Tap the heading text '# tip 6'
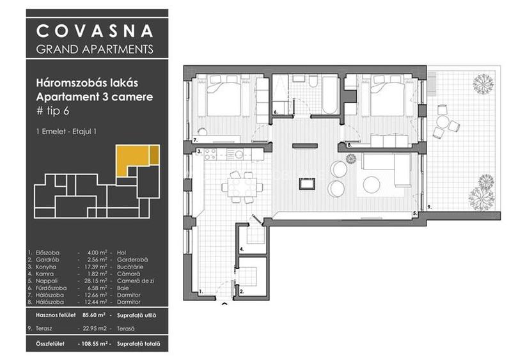[x=53, y=111]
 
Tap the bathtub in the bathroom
[x=329, y=97]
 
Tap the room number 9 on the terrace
[x=429, y=207]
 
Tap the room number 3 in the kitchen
[x=200, y=152]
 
